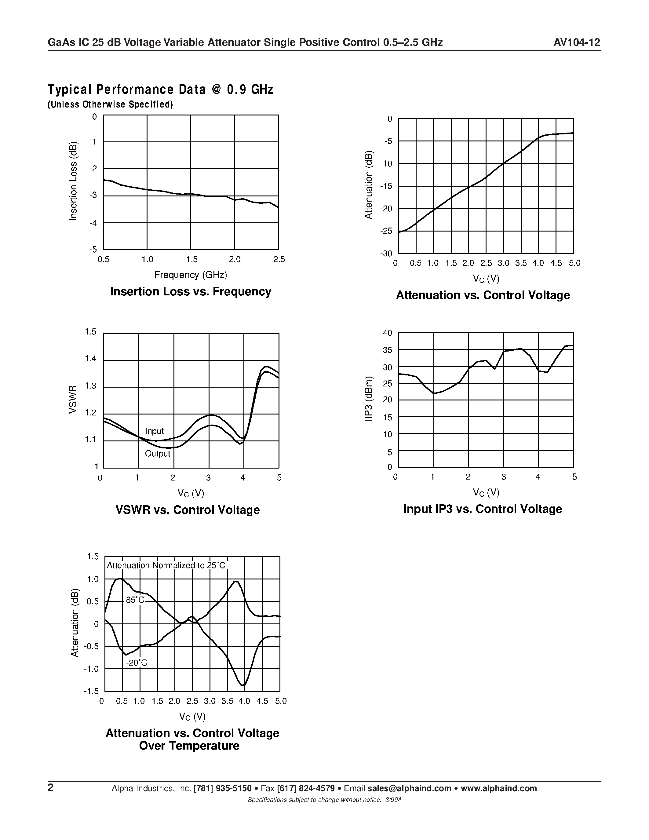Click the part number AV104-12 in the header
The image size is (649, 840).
[x=576, y=42]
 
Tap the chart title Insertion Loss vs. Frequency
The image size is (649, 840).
[x=191, y=291]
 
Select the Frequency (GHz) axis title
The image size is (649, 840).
[x=191, y=275]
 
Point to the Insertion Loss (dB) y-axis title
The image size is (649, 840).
[x=73, y=181]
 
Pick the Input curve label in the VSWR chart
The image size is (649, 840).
[x=154, y=431]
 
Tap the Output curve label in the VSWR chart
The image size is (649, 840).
[x=157, y=454]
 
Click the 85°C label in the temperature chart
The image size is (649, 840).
[x=135, y=600]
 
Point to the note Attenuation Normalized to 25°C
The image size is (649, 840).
[x=166, y=565]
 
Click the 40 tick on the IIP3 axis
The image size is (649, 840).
[x=388, y=333]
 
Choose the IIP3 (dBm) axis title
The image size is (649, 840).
[x=368, y=399]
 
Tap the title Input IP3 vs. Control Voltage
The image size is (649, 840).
[x=483, y=509]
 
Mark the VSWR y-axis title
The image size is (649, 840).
[x=73, y=399]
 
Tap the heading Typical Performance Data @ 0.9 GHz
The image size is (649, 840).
[x=160, y=89]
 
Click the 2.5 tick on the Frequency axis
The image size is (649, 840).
[x=279, y=260]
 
